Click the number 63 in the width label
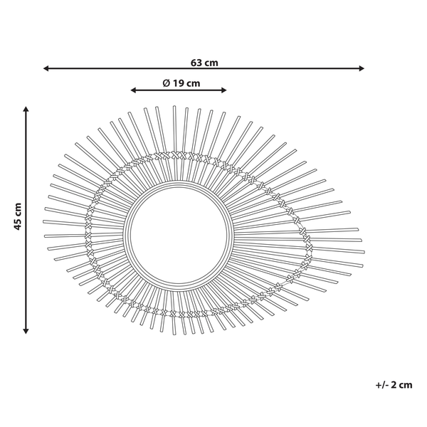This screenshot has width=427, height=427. pos(196,63)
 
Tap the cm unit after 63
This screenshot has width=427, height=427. pos(211,63)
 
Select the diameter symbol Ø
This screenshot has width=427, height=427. pos(165,83)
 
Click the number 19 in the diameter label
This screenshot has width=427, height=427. pos(177,83)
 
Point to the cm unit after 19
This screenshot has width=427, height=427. pos(192,83)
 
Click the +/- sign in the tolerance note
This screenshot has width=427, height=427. pos(381,385)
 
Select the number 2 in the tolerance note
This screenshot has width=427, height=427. pos(394,385)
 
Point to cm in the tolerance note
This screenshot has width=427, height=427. pos(406,385)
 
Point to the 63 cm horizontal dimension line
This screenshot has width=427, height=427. pos(285,69)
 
